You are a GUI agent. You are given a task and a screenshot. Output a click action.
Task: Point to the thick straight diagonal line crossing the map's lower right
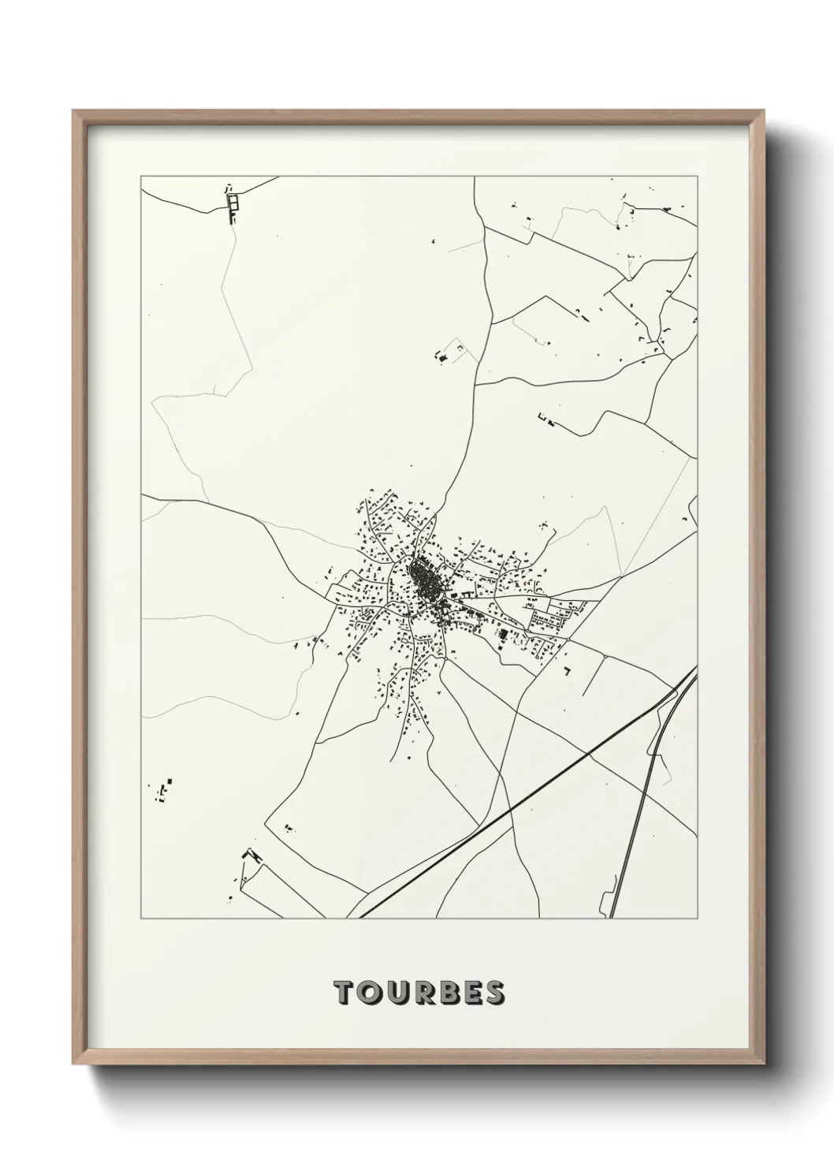[x=512, y=804]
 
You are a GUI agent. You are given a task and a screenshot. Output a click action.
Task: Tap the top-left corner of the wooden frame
[x=74, y=111]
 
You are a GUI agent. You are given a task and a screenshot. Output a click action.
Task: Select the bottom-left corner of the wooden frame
[x=74, y=1064]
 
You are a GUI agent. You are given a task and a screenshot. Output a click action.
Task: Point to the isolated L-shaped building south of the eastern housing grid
[x=567, y=670]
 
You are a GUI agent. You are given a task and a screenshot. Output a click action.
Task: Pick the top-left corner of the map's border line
[x=141, y=177]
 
